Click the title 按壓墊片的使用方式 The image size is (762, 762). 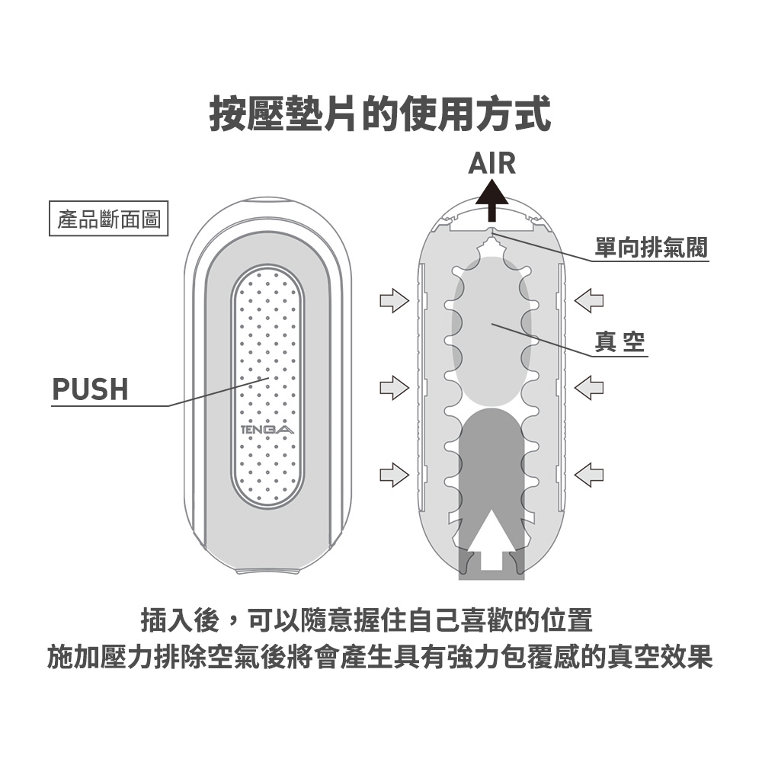pos(380,114)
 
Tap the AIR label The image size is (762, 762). pos(491,163)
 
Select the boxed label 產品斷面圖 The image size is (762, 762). pos(108,218)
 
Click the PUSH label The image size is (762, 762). pos(90,389)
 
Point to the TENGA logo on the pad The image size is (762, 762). pos(267,430)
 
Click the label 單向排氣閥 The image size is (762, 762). pos(652,247)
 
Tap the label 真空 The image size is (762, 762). pos(620,341)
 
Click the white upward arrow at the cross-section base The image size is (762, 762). pos(491,539)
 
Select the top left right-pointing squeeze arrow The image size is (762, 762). pos(394,300)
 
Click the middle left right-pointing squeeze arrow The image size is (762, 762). pos(394,387)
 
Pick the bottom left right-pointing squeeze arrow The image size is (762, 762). pos(394,475)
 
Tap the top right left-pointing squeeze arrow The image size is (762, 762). pos(589,300)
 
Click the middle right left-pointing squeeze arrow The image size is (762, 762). pos(589,387)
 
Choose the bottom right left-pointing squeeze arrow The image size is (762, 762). pos(589,475)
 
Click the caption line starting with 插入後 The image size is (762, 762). pos(367,620)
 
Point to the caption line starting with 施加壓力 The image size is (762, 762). pos(380,656)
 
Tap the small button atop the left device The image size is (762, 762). pos(267,202)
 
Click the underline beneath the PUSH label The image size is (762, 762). pos(110,405)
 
